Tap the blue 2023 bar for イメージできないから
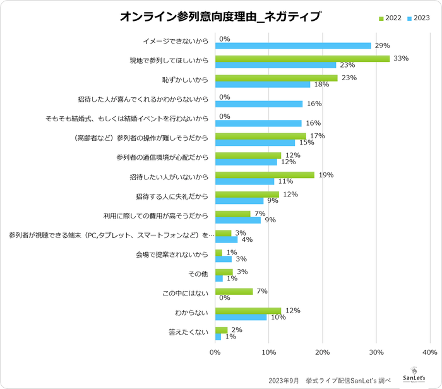pos(293,45)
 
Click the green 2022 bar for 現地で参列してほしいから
pos(302,58)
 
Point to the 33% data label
pos(401,58)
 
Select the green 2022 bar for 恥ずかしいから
pos(277,78)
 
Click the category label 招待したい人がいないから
pos(172,178)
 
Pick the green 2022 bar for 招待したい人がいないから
pos(265,175)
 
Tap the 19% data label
pos(326,175)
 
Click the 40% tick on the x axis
pos(429,351)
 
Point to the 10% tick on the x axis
pos(269,351)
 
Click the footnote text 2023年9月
pos(284,380)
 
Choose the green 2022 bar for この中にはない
pos(234,292)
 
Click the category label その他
pos(198,275)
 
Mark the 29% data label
pos(382,45)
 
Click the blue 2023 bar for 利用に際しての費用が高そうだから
pos(238,220)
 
